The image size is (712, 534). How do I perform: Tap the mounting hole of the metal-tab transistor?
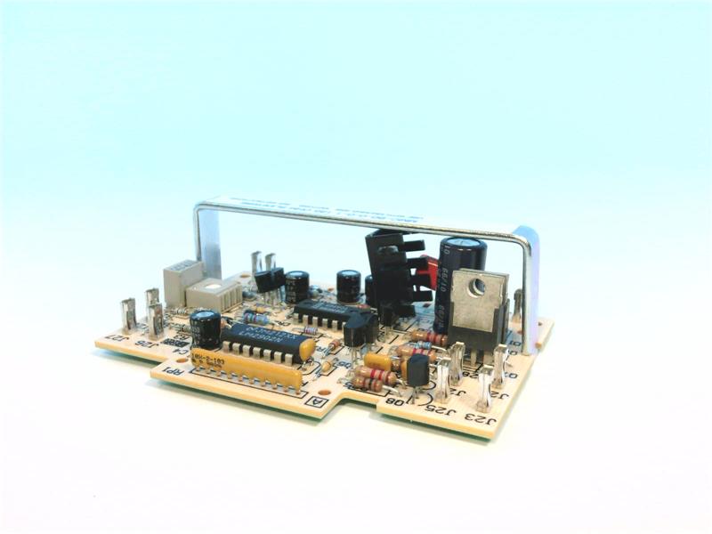coord(478,287)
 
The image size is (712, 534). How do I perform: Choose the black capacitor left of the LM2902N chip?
coord(206,328)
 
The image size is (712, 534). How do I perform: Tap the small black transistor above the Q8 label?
coord(417,368)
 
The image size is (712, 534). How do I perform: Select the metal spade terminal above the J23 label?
coord(486,383)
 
